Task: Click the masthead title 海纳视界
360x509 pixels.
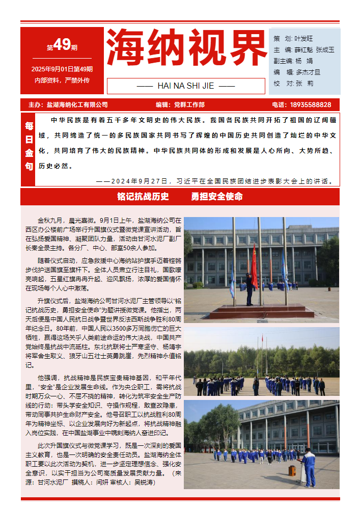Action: click(186, 48)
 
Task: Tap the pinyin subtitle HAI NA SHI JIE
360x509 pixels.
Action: click(186, 86)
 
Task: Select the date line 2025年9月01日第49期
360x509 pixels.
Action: click(62, 69)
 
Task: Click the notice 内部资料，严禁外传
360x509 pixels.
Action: click(62, 80)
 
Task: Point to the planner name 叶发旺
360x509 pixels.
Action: click(304, 39)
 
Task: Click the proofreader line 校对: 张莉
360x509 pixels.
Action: click(293, 83)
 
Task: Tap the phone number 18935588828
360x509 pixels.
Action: click(310, 104)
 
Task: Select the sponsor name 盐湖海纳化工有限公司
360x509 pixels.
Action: click(77, 104)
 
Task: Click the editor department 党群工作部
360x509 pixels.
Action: click(189, 104)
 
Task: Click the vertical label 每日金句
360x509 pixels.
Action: click(29, 145)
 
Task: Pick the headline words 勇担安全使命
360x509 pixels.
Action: click(217, 197)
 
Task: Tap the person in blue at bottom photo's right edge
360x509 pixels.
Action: click(309, 466)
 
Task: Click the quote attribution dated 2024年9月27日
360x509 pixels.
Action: click(214, 181)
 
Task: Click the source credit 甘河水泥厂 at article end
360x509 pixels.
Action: click(55, 482)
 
